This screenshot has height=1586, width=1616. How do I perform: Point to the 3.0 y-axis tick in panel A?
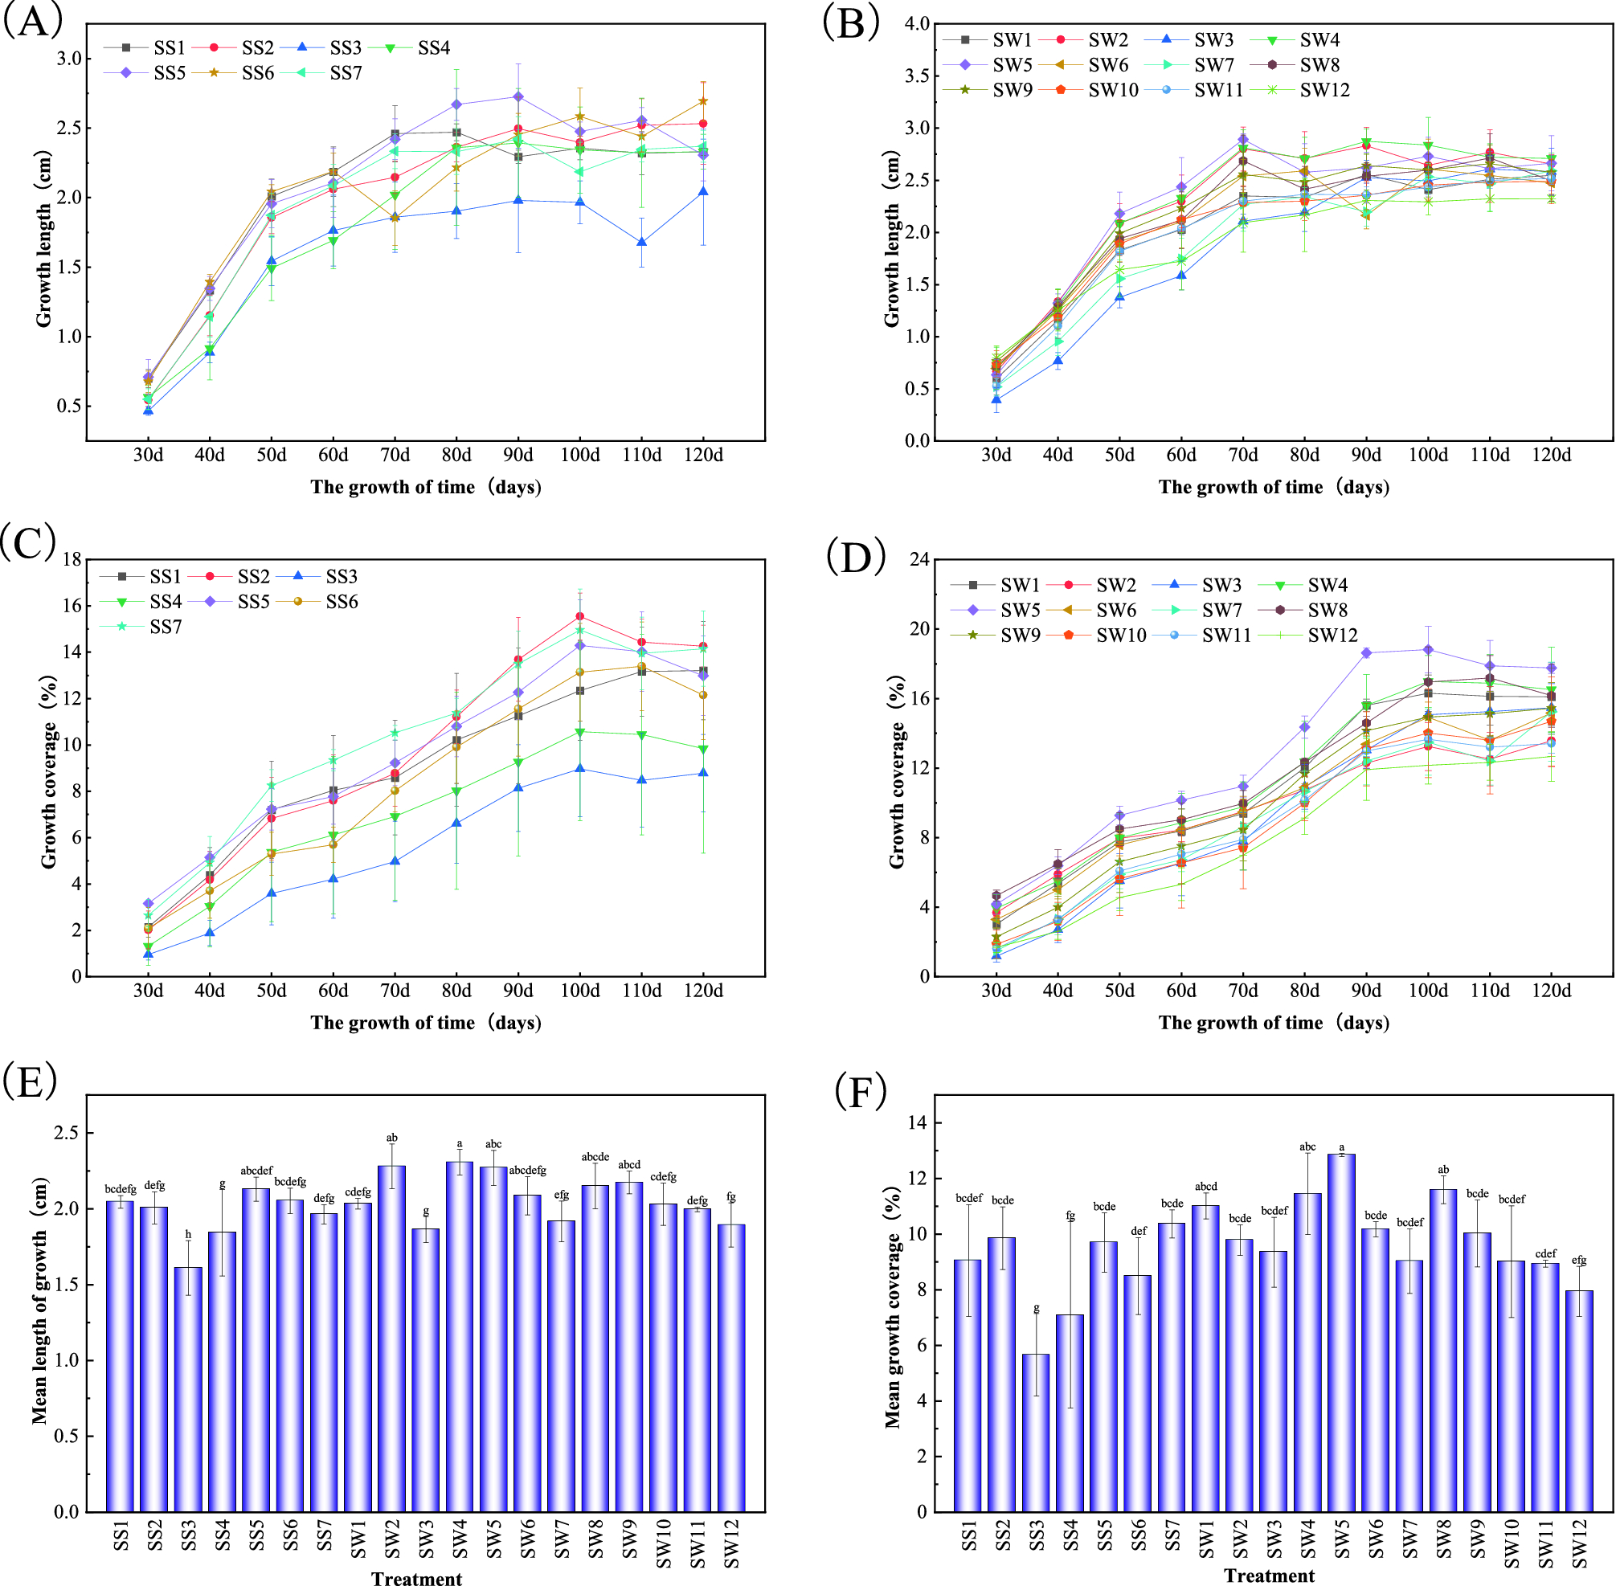[x=70, y=59]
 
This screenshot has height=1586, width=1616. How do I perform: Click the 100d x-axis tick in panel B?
[x=1428, y=456]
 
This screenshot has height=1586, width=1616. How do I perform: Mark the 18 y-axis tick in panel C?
[x=72, y=560]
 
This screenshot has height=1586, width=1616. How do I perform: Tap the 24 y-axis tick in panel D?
[x=918, y=560]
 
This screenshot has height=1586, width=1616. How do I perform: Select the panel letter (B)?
[x=850, y=22]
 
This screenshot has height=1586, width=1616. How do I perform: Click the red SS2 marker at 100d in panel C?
[x=579, y=616]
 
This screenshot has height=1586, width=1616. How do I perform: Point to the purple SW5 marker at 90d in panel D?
[x=1366, y=653]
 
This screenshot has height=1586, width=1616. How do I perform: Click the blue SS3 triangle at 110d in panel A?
[x=641, y=243]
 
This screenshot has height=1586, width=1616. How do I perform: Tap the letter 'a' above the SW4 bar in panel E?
[x=460, y=1143]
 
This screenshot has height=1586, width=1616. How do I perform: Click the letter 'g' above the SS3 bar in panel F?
[x=1037, y=1309]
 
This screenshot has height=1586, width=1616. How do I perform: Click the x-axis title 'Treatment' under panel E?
[x=416, y=1578]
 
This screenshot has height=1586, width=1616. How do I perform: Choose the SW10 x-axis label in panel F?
[x=1511, y=1546]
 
